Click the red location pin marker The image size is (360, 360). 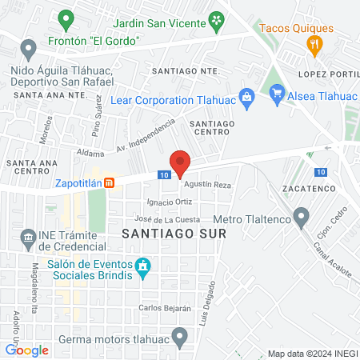pyautogui.click(x=180, y=162)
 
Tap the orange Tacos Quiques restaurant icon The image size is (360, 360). pyautogui.click(x=314, y=46)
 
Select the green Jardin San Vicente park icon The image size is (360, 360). pyautogui.click(x=216, y=21)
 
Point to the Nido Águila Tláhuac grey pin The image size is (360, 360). pyautogui.click(x=29, y=50)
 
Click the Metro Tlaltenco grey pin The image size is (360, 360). pyautogui.click(x=301, y=216)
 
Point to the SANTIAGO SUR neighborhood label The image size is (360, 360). pyautogui.click(x=174, y=233)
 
